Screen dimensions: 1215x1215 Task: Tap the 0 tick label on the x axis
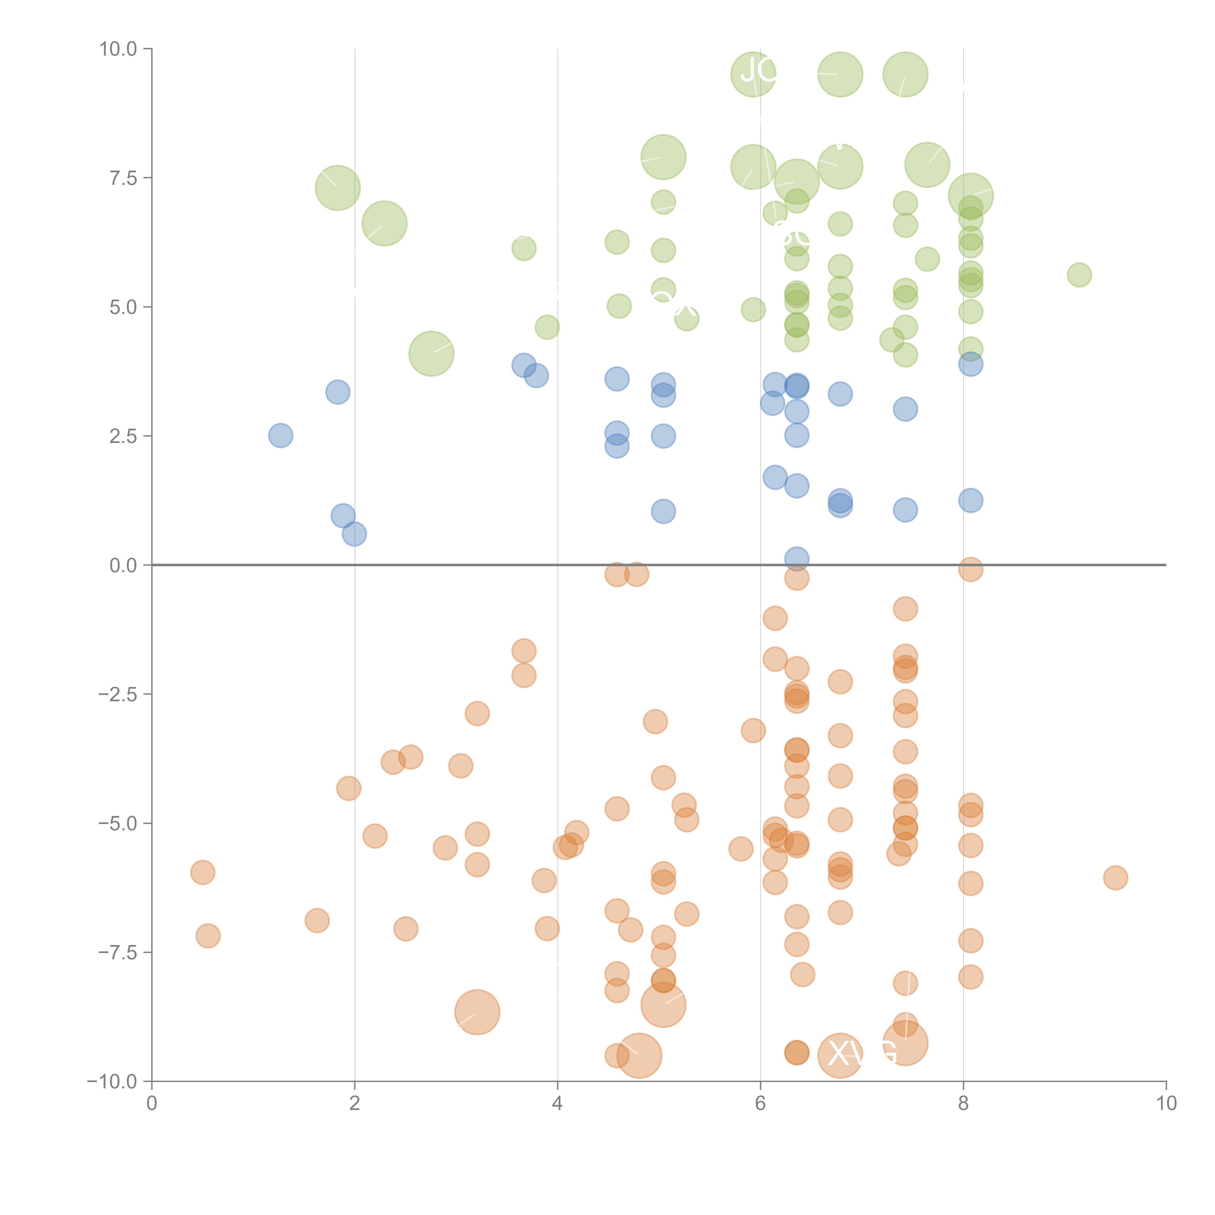tap(152, 1104)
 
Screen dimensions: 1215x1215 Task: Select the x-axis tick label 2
tap(355, 1104)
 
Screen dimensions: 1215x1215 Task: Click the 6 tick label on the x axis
tap(760, 1104)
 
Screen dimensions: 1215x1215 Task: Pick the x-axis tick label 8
tap(963, 1104)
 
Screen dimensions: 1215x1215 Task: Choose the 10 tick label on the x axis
tap(1166, 1104)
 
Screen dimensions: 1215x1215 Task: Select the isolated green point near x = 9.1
tap(1079, 275)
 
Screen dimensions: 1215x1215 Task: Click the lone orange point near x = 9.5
tap(1115, 877)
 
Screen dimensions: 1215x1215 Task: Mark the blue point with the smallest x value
tap(280, 435)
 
